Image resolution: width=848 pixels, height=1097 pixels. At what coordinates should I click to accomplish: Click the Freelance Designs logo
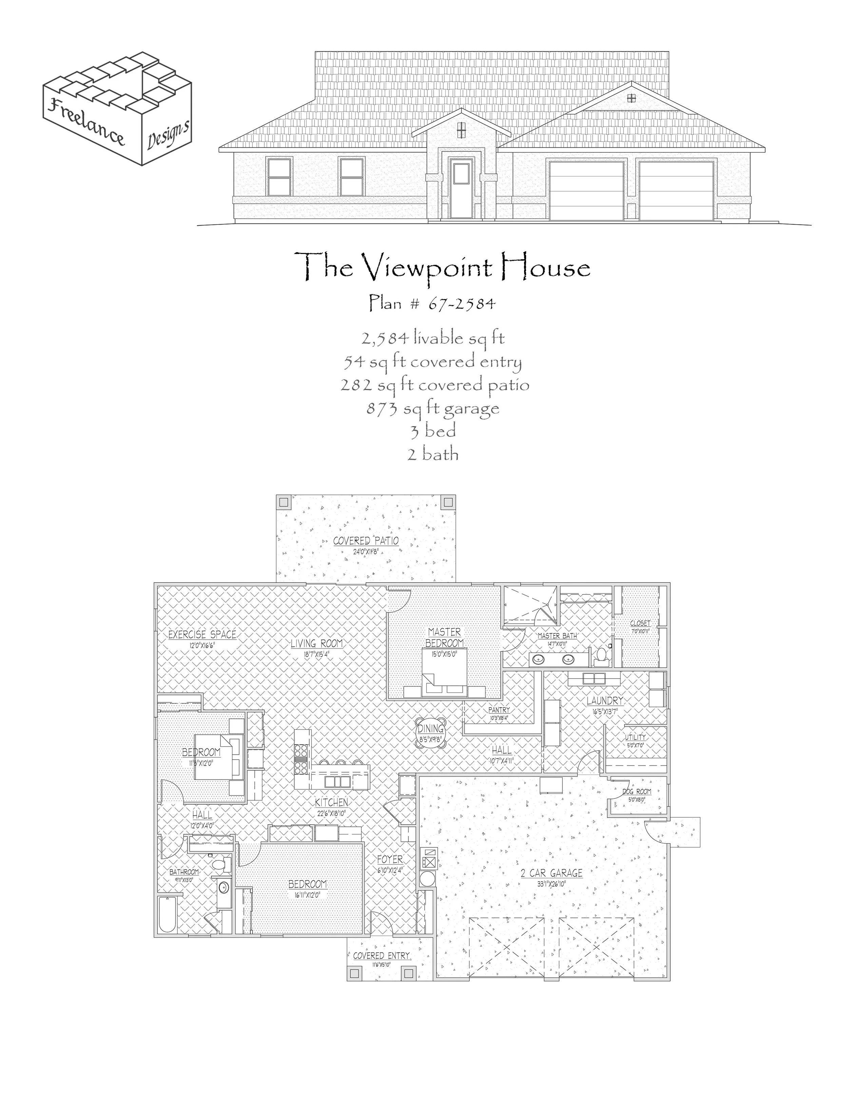click(117, 107)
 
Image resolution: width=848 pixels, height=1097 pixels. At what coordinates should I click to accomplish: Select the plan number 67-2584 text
click(432, 303)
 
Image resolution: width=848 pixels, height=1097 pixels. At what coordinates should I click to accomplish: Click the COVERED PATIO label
click(366, 541)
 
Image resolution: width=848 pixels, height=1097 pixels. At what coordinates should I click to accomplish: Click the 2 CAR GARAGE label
click(551, 873)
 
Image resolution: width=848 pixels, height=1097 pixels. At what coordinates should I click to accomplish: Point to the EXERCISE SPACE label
click(202, 634)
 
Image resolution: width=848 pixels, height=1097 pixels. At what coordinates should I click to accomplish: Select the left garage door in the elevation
click(586, 191)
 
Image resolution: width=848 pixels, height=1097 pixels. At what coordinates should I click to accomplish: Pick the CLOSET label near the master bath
click(639, 623)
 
